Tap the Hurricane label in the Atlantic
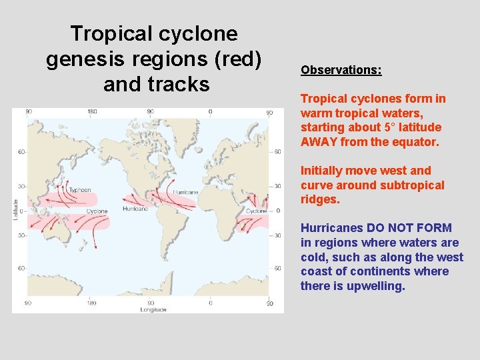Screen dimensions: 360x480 (x=185, y=193)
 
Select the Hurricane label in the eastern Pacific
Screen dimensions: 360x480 (x=136, y=209)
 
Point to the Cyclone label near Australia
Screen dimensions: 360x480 (x=97, y=212)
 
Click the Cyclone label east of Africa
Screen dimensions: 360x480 (x=257, y=211)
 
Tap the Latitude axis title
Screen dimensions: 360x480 (x=16, y=211)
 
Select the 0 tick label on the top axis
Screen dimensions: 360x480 (x=210, y=112)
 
